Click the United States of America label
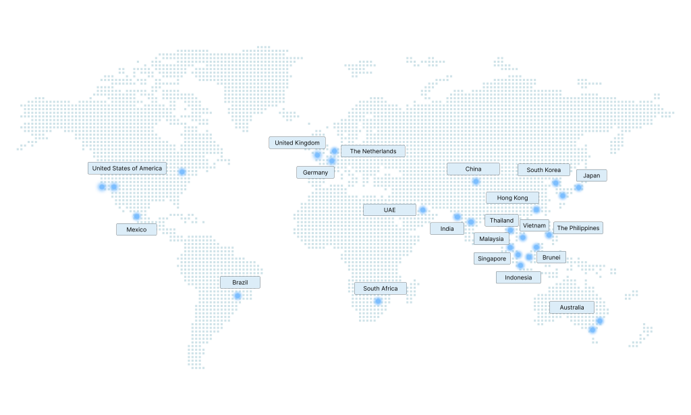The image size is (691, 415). (x=127, y=168)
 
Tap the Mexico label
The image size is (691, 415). (x=136, y=229)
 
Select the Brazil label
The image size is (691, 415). (x=240, y=282)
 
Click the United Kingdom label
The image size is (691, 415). (x=297, y=142)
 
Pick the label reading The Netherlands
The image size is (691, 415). (x=372, y=151)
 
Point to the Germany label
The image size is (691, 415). (x=315, y=172)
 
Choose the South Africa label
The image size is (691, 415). (x=380, y=288)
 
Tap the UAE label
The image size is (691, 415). (x=389, y=210)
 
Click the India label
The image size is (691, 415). (x=447, y=229)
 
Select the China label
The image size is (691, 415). (x=473, y=169)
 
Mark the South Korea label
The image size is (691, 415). (x=543, y=170)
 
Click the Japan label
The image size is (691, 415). (x=591, y=175)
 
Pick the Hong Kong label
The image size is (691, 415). (x=512, y=198)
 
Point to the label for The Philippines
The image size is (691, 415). (x=578, y=228)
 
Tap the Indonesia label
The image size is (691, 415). (x=518, y=277)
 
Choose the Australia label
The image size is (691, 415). (x=572, y=308)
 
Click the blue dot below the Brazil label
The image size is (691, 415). (x=238, y=296)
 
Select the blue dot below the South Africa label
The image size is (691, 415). (x=378, y=301)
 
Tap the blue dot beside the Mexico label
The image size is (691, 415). (x=136, y=217)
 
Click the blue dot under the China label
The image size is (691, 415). (x=476, y=181)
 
